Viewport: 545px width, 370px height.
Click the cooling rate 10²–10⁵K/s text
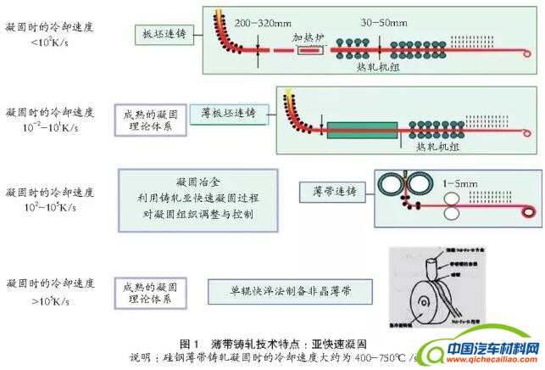point(41,205)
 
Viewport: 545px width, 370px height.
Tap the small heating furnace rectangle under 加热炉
point(309,53)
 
